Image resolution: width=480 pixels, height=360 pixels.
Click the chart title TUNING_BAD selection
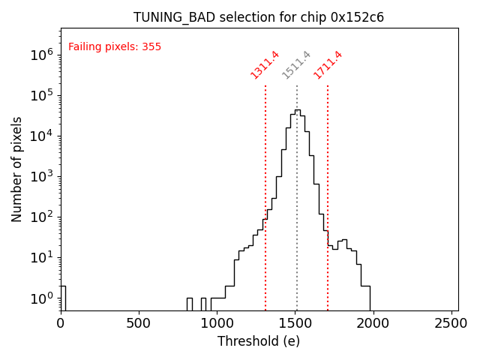[x=259, y=17]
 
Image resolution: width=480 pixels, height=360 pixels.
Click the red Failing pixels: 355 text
[x=115, y=46]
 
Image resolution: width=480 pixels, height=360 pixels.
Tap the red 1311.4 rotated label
[x=265, y=64]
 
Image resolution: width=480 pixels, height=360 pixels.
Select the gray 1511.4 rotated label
[x=296, y=64]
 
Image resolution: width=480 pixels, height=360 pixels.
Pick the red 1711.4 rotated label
[x=328, y=64]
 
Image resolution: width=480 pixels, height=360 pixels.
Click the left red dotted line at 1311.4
[x=265, y=187]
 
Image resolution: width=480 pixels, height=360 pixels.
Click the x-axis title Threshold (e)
[x=259, y=341]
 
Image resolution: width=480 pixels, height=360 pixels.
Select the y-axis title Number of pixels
[x=17, y=169]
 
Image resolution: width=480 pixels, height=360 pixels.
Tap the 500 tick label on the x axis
[x=139, y=323]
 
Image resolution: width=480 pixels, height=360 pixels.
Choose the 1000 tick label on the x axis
[x=217, y=323]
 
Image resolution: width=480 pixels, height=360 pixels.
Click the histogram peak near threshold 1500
[x=297, y=111]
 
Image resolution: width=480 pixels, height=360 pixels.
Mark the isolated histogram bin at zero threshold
[x=63, y=297]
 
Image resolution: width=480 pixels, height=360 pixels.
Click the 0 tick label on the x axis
[x=61, y=323]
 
